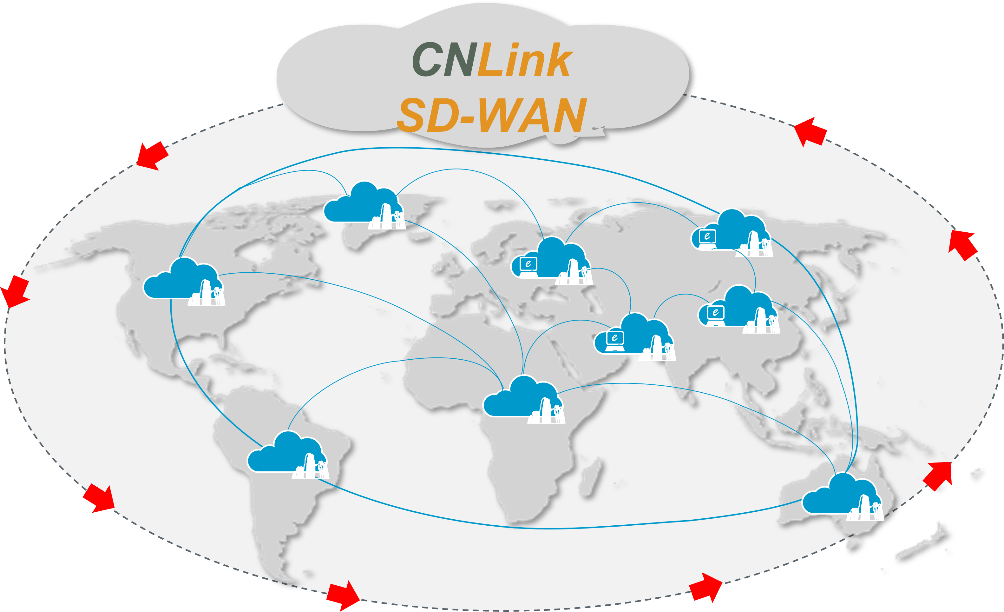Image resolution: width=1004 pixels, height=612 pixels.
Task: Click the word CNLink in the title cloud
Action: [x=492, y=60]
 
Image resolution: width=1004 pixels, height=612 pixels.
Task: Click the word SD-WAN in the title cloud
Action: [x=492, y=116]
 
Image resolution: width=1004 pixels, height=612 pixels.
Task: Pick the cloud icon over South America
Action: [x=285, y=455]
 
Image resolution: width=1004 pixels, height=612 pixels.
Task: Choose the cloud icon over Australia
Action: [x=839, y=496]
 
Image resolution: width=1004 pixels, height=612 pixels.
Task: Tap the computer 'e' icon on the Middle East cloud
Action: [x=614, y=338]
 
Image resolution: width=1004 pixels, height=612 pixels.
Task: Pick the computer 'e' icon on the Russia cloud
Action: [x=707, y=236]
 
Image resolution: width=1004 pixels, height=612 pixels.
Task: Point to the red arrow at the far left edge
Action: [x=14, y=291]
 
